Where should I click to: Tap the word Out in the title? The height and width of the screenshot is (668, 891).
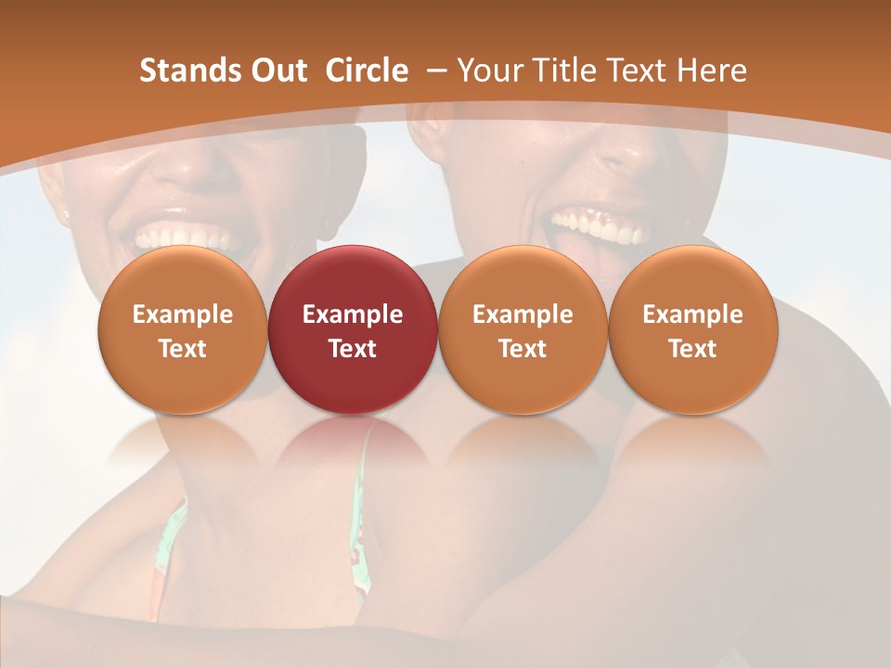tap(276, 71)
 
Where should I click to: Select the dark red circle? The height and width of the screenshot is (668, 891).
tap(353, 329)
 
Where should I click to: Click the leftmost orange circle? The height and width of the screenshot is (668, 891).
tap(183, 329)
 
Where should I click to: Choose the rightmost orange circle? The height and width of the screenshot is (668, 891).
tap(692, 329)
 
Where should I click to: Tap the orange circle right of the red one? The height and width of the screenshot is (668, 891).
tap(523, 329)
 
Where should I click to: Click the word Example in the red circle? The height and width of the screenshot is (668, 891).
tap(353, 315)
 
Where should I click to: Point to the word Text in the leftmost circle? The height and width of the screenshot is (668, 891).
tap(183, 349)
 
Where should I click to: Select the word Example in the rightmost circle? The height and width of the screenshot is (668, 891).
tap(692, 315)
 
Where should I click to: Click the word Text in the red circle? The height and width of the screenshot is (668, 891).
tap(353, 349)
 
